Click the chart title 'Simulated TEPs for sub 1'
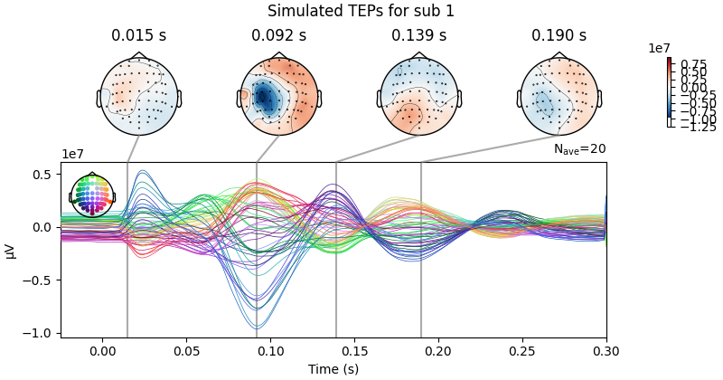361,11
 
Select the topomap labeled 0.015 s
138,95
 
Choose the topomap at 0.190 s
559,95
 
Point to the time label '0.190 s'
559,36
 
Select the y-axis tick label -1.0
42,333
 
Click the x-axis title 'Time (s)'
333,368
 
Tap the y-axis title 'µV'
11,250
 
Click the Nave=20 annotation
579,150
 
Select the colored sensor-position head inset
92,195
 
